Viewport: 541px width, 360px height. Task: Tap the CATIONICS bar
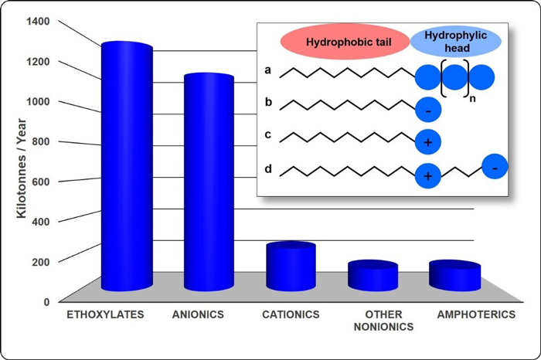point(291,267)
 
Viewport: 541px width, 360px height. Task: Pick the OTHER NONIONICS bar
point(373,276)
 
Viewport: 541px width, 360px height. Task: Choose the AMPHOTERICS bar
point(454,276)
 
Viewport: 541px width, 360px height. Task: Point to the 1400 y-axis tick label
point(37,21)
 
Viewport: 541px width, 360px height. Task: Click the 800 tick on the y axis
point(40,141)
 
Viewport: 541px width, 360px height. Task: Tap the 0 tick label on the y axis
point(46,301)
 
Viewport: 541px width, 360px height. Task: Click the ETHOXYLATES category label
point(100,315)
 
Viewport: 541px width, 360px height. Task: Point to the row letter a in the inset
point(267,71)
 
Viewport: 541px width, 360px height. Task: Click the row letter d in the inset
point(267,168)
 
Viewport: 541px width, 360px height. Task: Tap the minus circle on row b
point(427,110)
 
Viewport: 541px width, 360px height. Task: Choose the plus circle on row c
point(427,143)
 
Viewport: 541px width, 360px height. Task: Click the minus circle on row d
point(495,166)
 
